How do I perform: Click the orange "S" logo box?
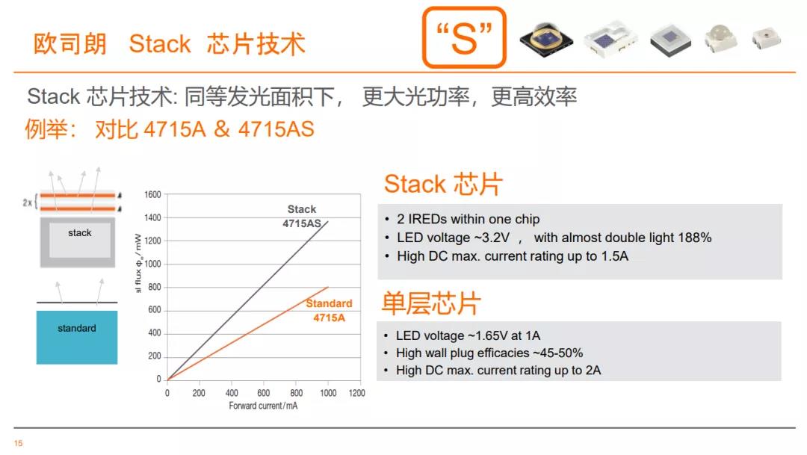(464, 37)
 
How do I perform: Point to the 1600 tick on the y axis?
(153, 194)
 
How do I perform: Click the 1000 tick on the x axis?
(328, 393)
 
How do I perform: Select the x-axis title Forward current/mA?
(263, 406)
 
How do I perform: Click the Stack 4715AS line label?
(302, 216)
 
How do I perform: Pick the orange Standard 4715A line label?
(330, 310)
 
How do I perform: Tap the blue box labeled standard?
(77, 337)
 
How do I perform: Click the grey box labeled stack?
(78, 242)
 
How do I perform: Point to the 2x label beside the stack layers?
(28, 202)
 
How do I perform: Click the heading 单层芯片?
(431, 303)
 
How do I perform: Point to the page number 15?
(19, 443)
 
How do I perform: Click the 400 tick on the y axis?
(155, 333)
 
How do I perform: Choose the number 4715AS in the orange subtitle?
(276, 129)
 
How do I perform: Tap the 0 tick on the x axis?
(167, 393)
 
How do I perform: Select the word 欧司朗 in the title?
(70, 44)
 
